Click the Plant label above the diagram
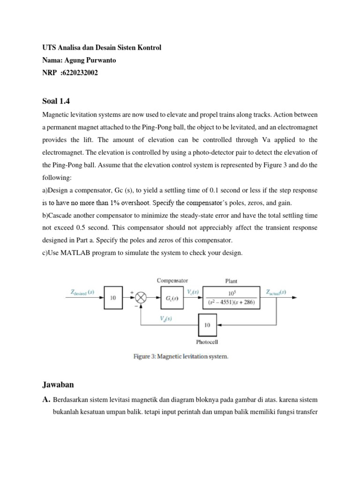(x=231, y=281)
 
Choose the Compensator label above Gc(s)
(x=172, y=280)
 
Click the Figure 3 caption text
(x=181, y=357)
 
